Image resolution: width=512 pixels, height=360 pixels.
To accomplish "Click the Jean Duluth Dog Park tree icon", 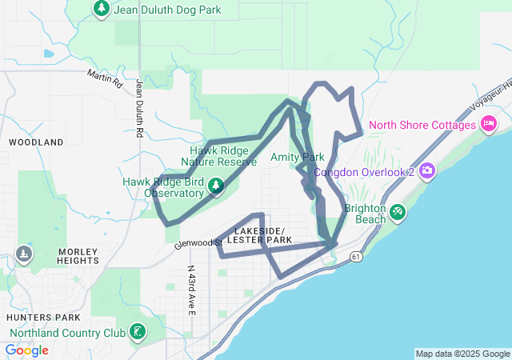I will point(102,9).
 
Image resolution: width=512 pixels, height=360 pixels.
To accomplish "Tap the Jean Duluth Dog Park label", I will point(167,10).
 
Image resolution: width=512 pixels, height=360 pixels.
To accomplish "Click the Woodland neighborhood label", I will point(36,142).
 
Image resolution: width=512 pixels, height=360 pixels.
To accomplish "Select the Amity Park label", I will point(297,157).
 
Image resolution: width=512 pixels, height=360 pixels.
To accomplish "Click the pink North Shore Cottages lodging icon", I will point(488,124).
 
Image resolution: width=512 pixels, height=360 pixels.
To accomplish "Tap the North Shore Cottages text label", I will point(422,126).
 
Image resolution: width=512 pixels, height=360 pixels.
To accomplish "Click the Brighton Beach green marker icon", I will point(397,212).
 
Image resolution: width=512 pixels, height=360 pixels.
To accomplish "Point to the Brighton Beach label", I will point(365,214).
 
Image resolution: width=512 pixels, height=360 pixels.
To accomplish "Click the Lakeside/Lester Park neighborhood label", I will point(260,235).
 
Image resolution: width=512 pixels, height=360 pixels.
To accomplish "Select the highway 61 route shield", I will point(355,256).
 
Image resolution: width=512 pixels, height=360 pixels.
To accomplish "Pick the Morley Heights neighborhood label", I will point(78,256).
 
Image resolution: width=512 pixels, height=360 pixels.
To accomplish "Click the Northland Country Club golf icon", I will point(138,331).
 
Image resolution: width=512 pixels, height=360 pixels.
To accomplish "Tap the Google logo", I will point(26,350).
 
